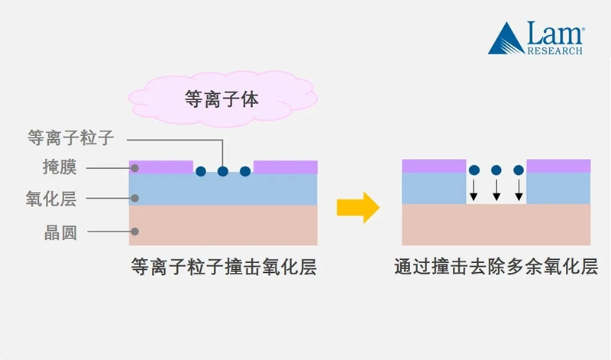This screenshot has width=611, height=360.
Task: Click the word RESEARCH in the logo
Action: tap(555, 50)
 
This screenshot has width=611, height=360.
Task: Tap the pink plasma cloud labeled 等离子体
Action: tap(222, 99)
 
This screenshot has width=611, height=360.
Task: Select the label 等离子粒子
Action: tap(70, 138)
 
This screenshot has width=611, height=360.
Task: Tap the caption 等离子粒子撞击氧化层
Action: tap(223, 267)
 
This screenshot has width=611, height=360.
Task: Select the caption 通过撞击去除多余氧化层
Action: tap(496, 267)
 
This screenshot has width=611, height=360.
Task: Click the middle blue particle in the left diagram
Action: tap(222, 171)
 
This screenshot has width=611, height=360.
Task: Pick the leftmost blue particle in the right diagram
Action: tap(474, 170)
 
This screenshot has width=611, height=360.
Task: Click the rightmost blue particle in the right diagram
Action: tap(519, 170)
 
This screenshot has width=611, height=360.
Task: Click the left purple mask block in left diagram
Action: tap(160, 166)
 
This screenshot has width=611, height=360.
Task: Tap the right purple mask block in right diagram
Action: tap(559, 166)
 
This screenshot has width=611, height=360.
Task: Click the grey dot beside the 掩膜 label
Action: tap(134, 167)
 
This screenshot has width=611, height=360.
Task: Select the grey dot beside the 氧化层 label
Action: tap(134, 199)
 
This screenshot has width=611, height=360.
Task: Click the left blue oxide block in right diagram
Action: tap(434, 188)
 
